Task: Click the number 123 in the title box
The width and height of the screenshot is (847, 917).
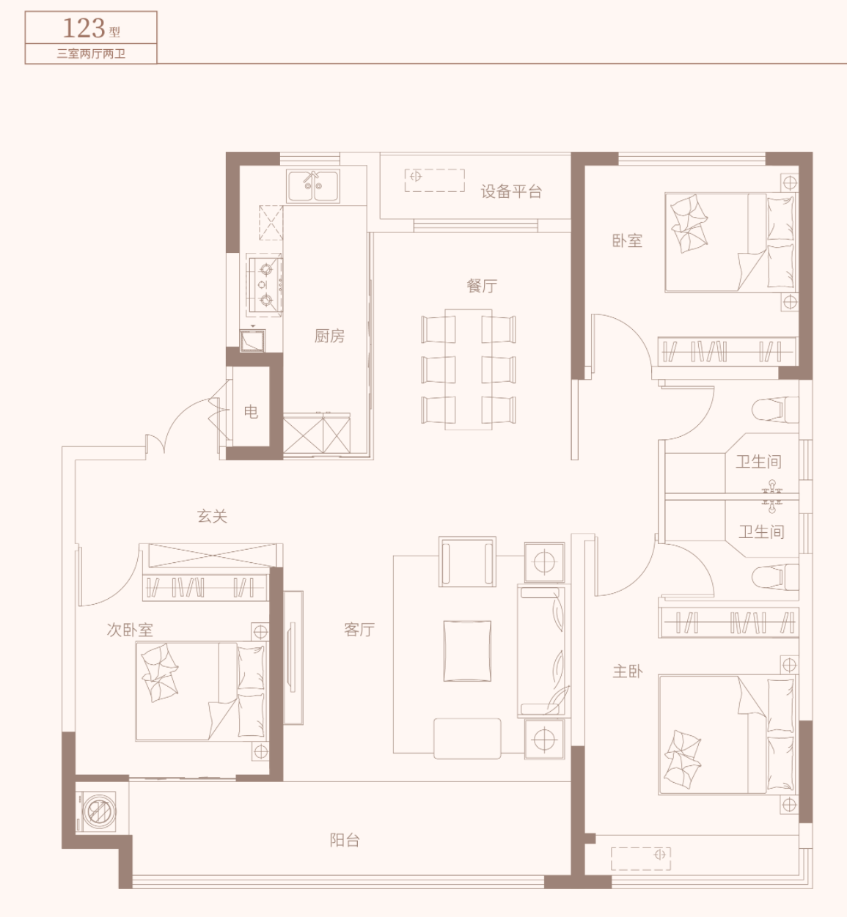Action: (x=84, y=28)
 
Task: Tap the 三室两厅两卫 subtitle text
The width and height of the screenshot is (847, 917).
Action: (x=91, y=54)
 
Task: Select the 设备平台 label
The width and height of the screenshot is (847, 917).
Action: (x=511, y=191)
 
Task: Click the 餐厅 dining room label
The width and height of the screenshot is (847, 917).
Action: (x=482, y=286)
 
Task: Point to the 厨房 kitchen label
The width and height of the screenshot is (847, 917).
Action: (x=329, y=336)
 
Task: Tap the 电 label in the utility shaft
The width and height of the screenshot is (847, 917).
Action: (x=251, y=411)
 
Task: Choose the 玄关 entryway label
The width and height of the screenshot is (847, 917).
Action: (x=212, y=516)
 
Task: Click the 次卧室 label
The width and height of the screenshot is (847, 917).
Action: (x=130, y=630)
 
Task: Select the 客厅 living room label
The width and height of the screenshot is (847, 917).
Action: (x=359, y=630)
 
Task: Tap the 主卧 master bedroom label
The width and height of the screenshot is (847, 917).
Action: (x=628, y=671)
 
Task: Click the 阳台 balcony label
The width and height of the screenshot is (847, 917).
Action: (x=345, y=840)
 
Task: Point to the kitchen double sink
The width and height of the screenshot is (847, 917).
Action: (x=313, y=186)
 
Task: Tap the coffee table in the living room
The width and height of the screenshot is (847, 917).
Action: (x=467, y=651)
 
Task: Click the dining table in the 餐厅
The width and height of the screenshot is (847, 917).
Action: (x=468, y=369)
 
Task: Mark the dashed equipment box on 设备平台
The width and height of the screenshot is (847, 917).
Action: (x=435, y=180)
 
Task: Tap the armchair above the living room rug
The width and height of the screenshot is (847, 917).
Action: (x=467, y=561)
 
